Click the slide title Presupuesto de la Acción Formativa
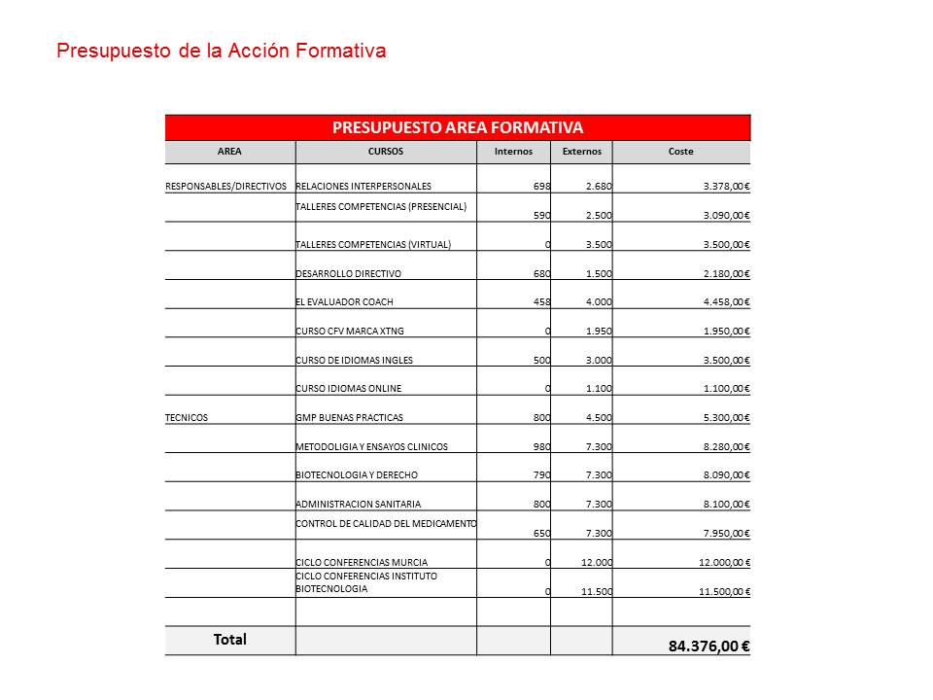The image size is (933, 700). [222, 51]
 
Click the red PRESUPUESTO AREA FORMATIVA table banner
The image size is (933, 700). [458, 127]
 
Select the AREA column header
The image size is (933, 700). [229, 152]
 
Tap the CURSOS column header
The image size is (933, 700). [386, 152]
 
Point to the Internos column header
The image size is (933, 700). [513, 152]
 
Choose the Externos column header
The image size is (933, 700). [581, 152]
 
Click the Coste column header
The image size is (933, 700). [681, 152]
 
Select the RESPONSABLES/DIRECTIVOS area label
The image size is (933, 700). [226, 186]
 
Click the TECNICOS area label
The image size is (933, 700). [187, 417]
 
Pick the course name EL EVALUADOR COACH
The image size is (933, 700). [344, 302]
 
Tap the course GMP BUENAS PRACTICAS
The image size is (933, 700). [349, 417]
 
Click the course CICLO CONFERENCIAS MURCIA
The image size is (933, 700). [362, 562]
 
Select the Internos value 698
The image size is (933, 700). [542, 186]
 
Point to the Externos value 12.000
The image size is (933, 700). [596, 562]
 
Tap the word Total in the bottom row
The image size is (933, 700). [230, 640]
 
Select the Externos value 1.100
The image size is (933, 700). [599, 389]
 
